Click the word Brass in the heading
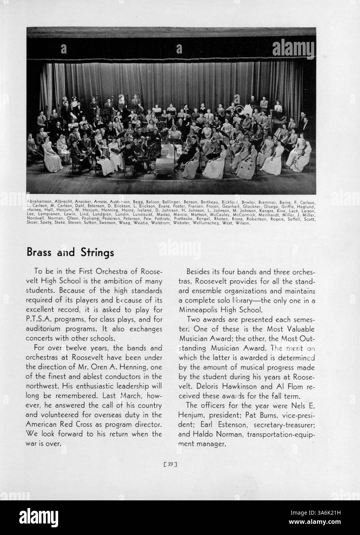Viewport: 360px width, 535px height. (40, 252)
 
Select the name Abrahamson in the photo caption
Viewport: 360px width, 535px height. (40, 202)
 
